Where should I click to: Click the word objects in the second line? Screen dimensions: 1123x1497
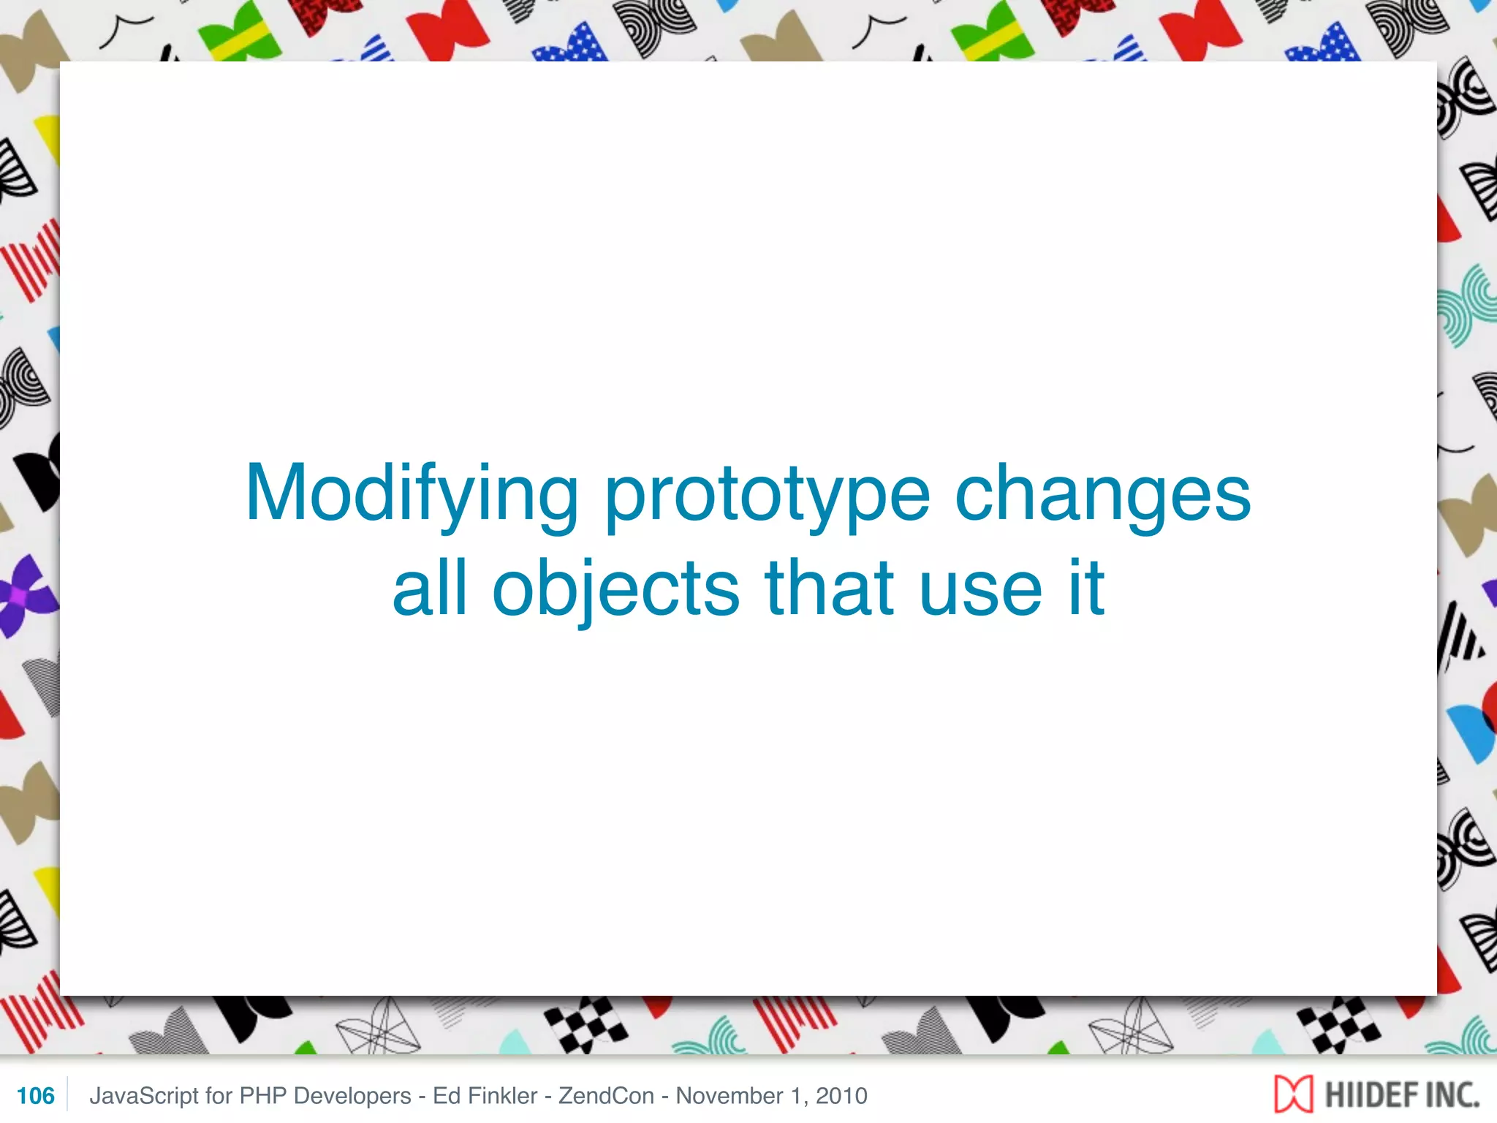point(615,589)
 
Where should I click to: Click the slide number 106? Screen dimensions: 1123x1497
point(35,1096)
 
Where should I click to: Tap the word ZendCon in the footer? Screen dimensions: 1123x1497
point(606,1096)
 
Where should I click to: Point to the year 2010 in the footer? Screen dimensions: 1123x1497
point(841,1096)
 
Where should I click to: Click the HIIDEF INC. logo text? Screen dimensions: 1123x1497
point(1401,1095)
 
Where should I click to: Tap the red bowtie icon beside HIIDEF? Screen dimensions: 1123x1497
point(1293,1095)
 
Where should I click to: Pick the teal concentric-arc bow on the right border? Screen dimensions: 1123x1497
point(1466,307)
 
